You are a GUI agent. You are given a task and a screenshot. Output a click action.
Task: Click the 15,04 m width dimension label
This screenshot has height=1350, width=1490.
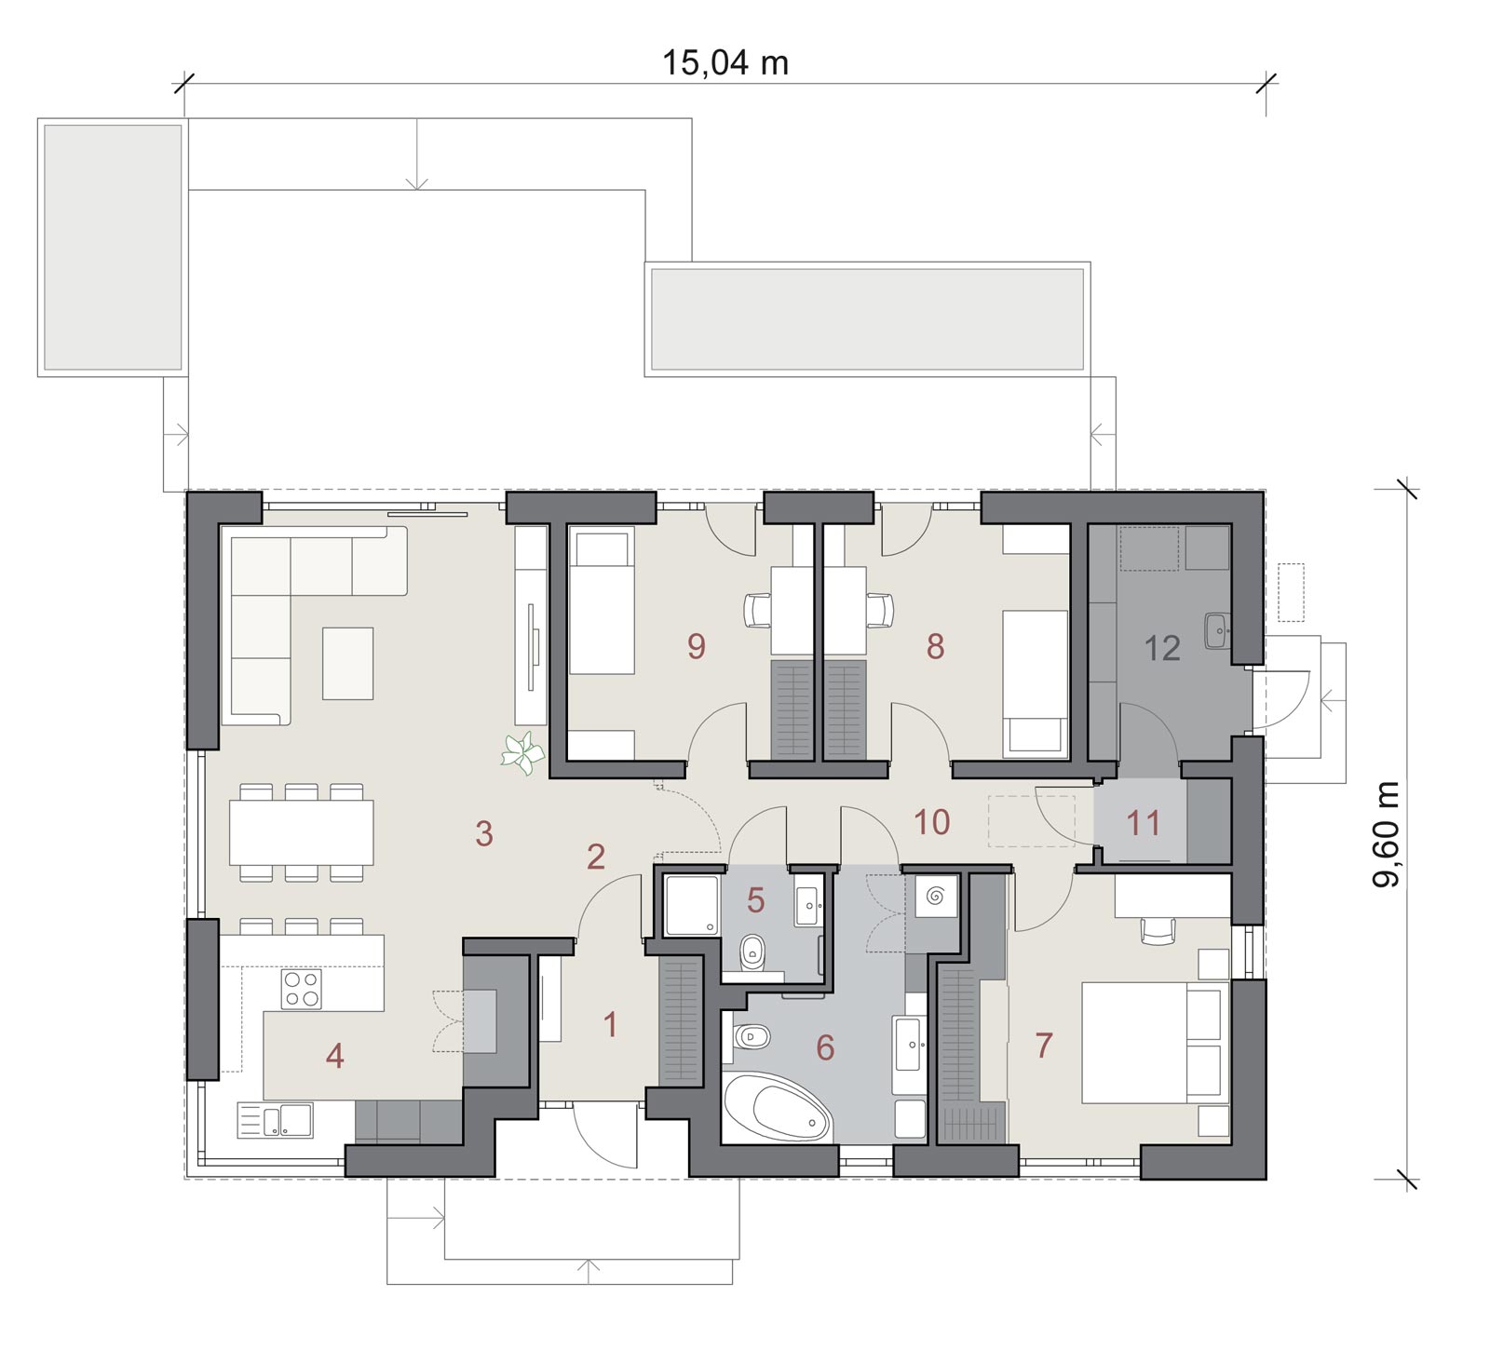pyautogui.click(x=725, y=62)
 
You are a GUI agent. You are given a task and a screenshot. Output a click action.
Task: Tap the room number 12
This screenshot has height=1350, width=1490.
pyautogui.click(x=1162, y=647)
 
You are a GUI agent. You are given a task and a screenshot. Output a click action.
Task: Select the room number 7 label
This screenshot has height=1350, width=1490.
pyautogui.click(x=1044, y=1046)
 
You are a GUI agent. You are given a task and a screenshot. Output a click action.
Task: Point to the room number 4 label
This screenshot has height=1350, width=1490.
pyautogui.click(x=335, y=1056)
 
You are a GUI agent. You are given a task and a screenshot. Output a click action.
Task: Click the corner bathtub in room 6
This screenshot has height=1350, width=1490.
pyautogui.click(x=778, y=1107)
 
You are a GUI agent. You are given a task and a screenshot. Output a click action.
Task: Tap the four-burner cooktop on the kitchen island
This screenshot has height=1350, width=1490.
pyautogui.click(x=301, y=989)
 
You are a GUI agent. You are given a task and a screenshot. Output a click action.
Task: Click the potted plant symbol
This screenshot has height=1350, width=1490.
pyautogui.click(x=522, y=753)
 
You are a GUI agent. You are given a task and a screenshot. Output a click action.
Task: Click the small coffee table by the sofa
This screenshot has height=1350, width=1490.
pyautogui.click(x=347, y=663)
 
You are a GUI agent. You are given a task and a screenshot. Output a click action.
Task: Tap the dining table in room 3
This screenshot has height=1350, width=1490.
pyautogui.click(x=302, y=832)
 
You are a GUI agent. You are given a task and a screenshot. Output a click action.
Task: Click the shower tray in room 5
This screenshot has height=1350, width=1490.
pyautogui.click(x=691, y=903)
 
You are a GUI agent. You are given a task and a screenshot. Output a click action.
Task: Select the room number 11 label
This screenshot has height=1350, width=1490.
pyautogui.click(x=1144, y=823)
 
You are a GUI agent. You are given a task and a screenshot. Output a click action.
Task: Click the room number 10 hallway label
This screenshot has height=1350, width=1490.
pyautogui.click(x=932, y=822)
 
